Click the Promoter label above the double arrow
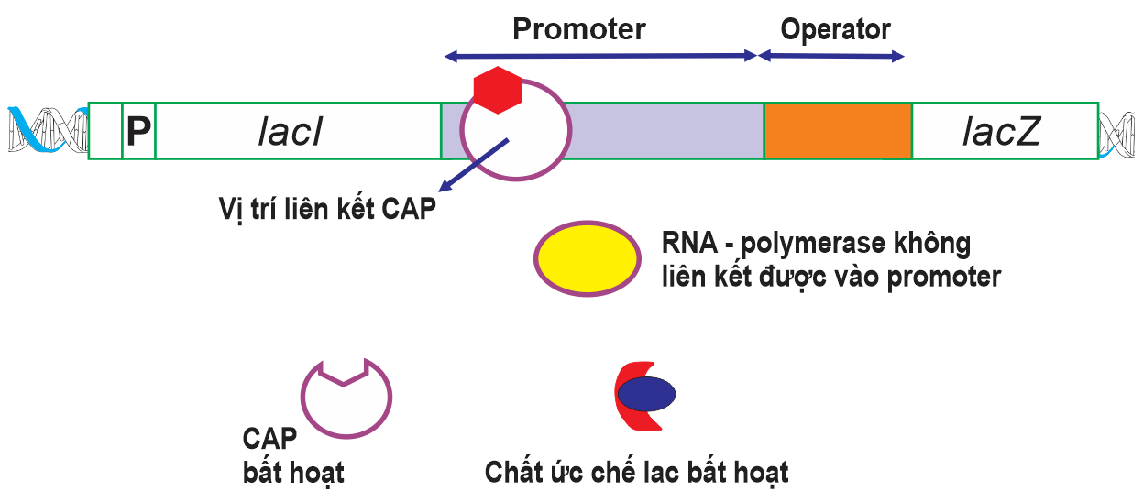click(578, 29)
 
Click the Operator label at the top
click(835, 29)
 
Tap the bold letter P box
click(138, 132)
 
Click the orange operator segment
click(838, 130)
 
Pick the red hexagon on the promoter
click(497, 90)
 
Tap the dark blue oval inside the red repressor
click(646, 394)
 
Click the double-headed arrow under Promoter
click(600, 57)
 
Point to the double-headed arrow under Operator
click(830, 57)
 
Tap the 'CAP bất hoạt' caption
click(293, 455)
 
